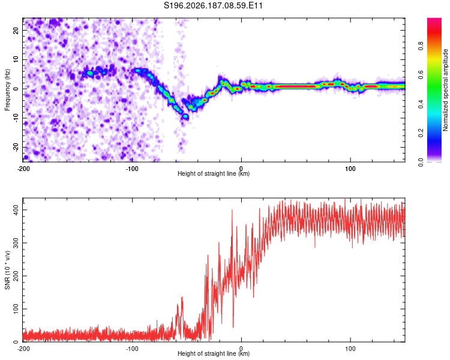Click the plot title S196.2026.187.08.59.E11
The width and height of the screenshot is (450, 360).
point(213,5)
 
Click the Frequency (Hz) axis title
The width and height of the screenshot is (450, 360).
point(7,90)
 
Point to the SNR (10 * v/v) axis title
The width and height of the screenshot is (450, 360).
point(7,270)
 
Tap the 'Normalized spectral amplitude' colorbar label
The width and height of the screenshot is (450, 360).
point(445,90)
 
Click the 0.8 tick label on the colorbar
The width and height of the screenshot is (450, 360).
point(421,46)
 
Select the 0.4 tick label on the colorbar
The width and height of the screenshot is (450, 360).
point(421,104)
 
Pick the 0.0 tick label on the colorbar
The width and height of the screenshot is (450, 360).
point(421,163)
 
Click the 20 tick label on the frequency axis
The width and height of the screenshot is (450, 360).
point(16,30)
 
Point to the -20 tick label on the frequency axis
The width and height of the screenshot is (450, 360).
point(16,148)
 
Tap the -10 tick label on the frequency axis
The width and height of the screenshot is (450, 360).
point(16,118)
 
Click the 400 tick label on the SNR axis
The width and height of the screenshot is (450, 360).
point(16,210)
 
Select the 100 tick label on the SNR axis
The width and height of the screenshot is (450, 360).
point(16,309)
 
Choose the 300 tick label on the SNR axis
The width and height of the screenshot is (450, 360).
point(16,243)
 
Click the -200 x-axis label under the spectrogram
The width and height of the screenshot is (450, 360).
point(23,169)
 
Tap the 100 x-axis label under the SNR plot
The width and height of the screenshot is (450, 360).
point(350,349)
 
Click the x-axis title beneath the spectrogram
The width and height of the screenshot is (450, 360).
point(214,173)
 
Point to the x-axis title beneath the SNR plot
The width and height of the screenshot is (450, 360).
point(214,353)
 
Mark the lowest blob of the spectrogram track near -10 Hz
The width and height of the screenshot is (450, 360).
point(185,116)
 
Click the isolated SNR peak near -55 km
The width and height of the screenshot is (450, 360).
point(182,298)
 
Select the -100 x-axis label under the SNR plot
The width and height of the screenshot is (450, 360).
point(132,349)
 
